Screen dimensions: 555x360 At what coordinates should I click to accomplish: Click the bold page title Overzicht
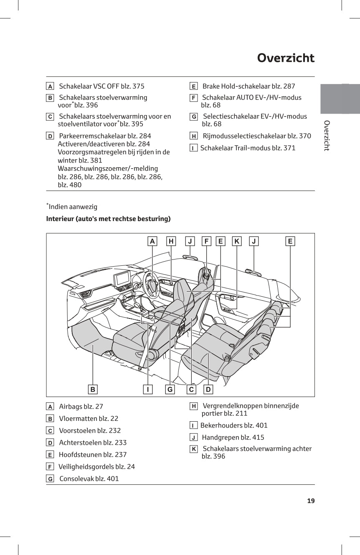[286, 58]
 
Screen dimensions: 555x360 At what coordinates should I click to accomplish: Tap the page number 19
[311, 501]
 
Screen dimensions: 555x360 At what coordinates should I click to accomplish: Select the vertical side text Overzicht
[327, 135]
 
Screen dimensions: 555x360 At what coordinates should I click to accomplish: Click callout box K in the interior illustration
[237, 241]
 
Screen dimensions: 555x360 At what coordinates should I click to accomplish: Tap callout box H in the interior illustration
[171, 241]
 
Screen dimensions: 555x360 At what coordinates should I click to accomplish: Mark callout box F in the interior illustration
[206, 241]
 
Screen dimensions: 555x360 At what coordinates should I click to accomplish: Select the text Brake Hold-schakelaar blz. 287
[248, 86]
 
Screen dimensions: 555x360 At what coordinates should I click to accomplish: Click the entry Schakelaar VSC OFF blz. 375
[101, 86]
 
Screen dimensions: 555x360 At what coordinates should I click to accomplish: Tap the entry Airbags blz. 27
[81, 406]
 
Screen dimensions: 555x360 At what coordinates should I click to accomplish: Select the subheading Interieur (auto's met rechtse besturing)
[108, 219]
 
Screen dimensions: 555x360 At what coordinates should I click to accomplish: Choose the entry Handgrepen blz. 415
[233, 438]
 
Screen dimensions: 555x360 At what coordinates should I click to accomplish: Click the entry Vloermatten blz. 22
[89, 418]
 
